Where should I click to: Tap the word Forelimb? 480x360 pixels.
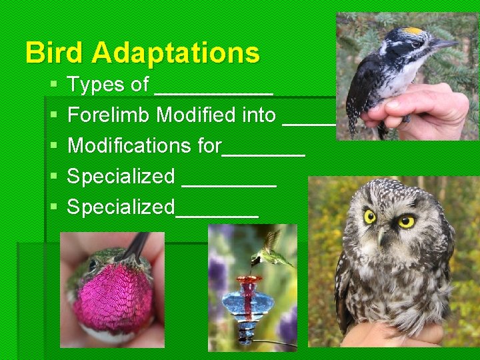tap(109, 115)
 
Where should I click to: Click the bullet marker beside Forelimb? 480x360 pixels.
tap(53, 116)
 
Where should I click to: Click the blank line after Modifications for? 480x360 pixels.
tap(263, 153)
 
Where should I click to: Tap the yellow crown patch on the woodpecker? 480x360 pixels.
tap(414, 31)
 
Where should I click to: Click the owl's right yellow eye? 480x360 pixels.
tap(405, 221)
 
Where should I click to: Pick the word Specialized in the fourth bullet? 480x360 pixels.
tap(121, 177)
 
